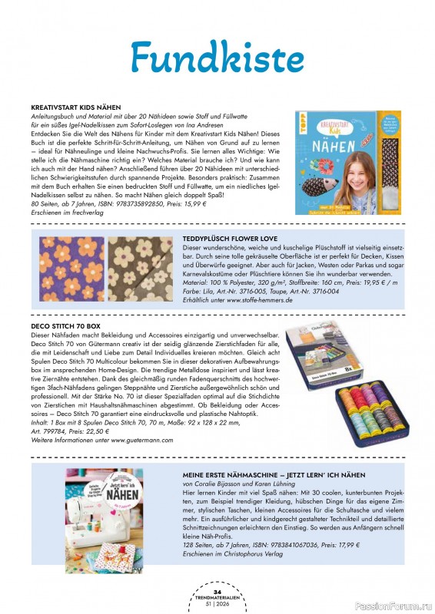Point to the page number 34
(217, 592)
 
